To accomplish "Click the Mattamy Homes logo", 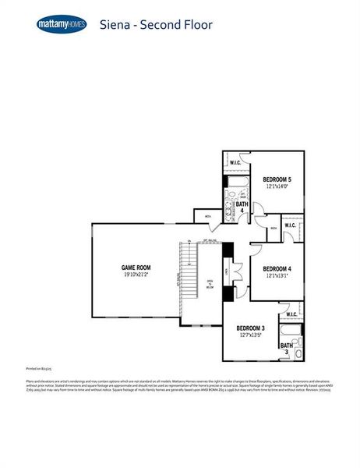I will (x=62, y=24).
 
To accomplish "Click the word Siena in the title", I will (x=115, y=24).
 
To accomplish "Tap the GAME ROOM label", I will (x=136, y=268).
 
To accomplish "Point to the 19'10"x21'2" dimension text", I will (x=136, y=275).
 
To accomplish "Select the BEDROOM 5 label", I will (x=277, y=179).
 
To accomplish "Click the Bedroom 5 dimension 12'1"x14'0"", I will (x=277, y=186).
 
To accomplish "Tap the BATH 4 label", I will (x=243, y=206).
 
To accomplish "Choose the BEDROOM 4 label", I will (x=276, y=268).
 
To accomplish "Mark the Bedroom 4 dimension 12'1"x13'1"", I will (x=276, y=275).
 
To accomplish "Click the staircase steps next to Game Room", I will (x=187, y=265).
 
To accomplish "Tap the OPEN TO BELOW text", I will (x=210, y=284).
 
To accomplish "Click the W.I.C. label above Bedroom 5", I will (x=235, y=162).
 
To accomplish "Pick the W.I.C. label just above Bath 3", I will (x=291, y=314).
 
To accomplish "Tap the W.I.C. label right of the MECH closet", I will (x=290, y=226).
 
